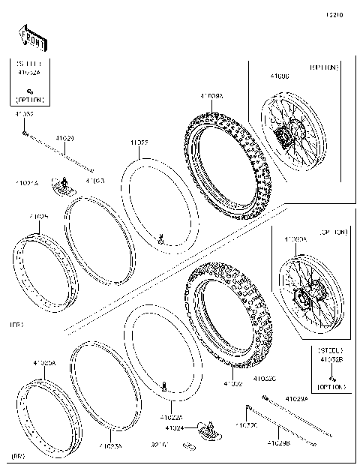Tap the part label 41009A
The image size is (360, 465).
tap(211, 96)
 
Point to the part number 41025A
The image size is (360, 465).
tap(43, 363)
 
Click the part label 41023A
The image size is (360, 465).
tap(110, 445)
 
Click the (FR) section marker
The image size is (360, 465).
tap(16, 325)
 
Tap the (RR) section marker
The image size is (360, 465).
tap(19, 454)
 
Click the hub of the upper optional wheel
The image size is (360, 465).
tap(283, 137)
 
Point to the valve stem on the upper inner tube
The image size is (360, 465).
tap(160, 240)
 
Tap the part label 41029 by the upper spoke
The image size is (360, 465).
tap(65, 139)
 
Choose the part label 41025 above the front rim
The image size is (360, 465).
tap(39, 217)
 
